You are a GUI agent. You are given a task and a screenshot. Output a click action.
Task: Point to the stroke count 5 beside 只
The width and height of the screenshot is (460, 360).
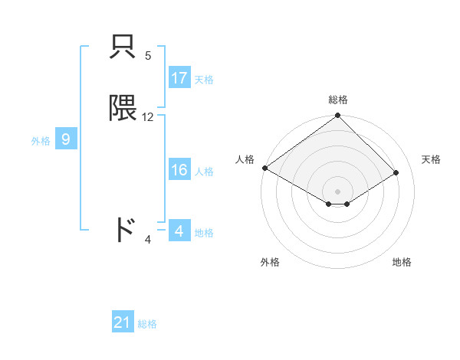(x=148, y=56)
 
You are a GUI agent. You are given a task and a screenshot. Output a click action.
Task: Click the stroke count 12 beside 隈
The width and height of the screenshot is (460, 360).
(x=148, y=117)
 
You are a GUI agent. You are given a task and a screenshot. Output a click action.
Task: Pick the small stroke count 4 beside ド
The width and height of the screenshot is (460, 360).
(x=148, y=240)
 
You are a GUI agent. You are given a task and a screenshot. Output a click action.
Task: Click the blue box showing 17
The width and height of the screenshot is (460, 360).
(x=179, y=78)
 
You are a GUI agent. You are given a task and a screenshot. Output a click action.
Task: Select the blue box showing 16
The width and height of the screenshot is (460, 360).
(x=179, y=170)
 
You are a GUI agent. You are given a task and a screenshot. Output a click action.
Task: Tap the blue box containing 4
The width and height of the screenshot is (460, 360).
(x=179, y=231)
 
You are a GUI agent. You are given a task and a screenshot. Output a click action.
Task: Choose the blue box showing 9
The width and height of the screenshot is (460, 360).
(x=66, y=139)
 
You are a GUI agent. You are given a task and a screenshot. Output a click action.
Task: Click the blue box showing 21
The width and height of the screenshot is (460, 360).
(x=123, y=322)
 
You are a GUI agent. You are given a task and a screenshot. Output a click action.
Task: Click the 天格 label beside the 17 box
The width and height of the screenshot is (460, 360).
(x=204, y=79)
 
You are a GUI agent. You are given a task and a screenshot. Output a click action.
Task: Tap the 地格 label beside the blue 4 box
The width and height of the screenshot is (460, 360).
(x=204, y=232)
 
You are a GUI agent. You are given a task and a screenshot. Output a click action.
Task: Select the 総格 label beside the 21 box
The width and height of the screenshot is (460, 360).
(x=147, y=324)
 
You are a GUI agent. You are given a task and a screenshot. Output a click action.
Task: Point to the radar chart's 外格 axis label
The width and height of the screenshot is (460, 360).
(x=270, y=262)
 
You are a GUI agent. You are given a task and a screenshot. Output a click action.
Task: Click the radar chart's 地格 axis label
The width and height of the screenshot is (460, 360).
(x=402, y=262)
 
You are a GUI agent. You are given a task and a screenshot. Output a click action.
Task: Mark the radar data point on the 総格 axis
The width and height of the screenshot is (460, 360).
(x=337, y=116)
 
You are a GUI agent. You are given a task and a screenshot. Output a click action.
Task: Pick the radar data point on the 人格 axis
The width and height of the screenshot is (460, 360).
(x=264, y=168)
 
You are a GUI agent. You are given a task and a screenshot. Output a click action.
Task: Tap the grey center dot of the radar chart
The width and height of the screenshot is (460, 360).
(x=337, y=191)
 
